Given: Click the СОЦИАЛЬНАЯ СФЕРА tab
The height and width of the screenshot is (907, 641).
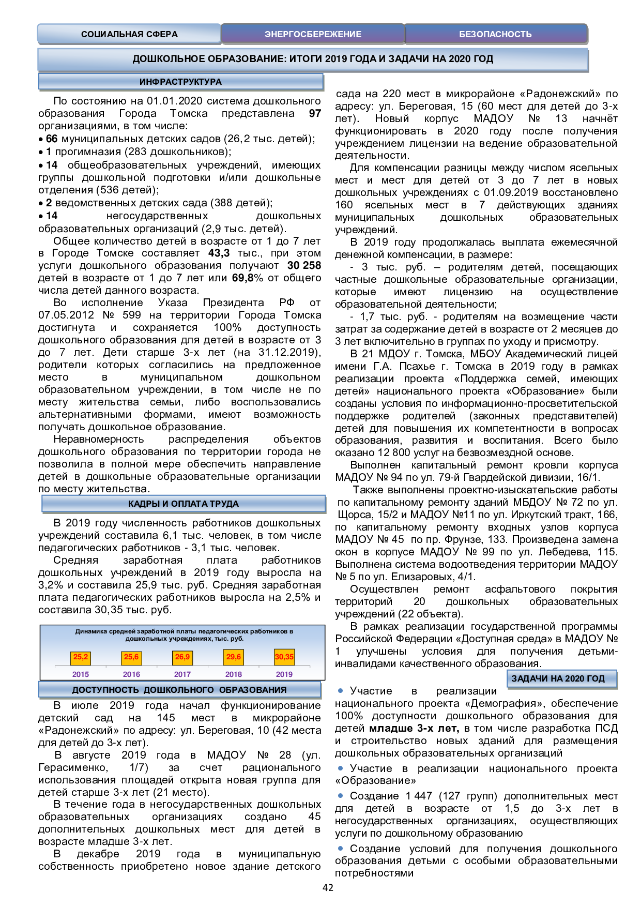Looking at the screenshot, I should coord(129,34).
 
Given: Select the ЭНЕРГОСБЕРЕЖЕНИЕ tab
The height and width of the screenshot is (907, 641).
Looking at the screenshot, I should coord(313,34).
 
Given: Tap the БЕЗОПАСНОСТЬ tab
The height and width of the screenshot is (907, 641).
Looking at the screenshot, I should coord(495,34).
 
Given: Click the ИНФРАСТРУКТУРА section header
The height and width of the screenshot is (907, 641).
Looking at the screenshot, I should coord(180,82).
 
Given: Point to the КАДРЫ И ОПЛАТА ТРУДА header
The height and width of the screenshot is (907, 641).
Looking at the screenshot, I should coord(184,504).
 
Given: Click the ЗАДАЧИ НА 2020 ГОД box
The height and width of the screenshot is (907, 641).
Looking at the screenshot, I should coord(558,678).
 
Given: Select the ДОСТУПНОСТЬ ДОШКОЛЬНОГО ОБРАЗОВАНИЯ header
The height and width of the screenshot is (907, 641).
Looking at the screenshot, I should coord(179,690).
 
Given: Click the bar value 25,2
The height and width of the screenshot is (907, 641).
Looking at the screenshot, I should coord(81,657).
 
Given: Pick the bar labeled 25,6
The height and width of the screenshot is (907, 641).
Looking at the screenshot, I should coord(131,657).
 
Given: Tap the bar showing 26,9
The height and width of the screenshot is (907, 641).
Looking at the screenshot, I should coord(182,657).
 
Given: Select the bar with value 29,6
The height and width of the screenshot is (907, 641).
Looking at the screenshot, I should coord(234,657).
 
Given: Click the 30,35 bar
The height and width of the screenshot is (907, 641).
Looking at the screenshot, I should coord(284,657).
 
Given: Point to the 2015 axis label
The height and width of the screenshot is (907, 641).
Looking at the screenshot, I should coord(81,674).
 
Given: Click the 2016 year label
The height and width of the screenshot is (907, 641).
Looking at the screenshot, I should coord(131,674).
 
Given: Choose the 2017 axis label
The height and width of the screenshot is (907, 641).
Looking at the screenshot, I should coord(182,674).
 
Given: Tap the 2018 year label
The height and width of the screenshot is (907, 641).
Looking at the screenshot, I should coord(234,674).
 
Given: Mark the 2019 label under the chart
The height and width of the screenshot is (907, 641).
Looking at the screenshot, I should coord(284,674).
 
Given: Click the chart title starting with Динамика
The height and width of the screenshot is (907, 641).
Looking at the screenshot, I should coord(184,634).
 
